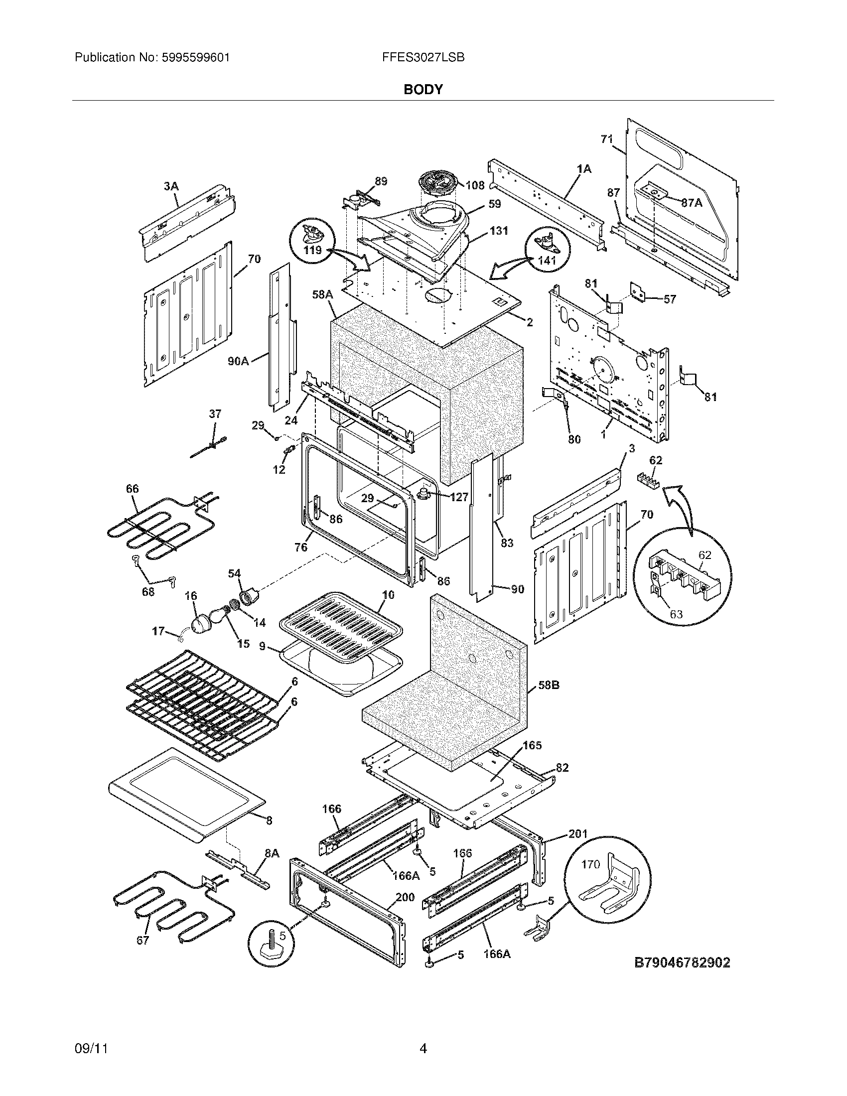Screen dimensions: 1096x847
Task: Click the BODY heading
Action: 423,90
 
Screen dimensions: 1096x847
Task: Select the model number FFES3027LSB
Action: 423,58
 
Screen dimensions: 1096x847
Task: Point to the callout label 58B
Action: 549,685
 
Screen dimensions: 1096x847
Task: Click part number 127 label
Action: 459,497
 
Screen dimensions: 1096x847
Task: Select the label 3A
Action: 170,186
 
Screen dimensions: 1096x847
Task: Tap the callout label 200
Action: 405,897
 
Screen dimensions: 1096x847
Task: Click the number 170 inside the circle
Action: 590,864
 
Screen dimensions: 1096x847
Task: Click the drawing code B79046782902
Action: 683,962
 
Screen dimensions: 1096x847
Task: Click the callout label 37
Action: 215,414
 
